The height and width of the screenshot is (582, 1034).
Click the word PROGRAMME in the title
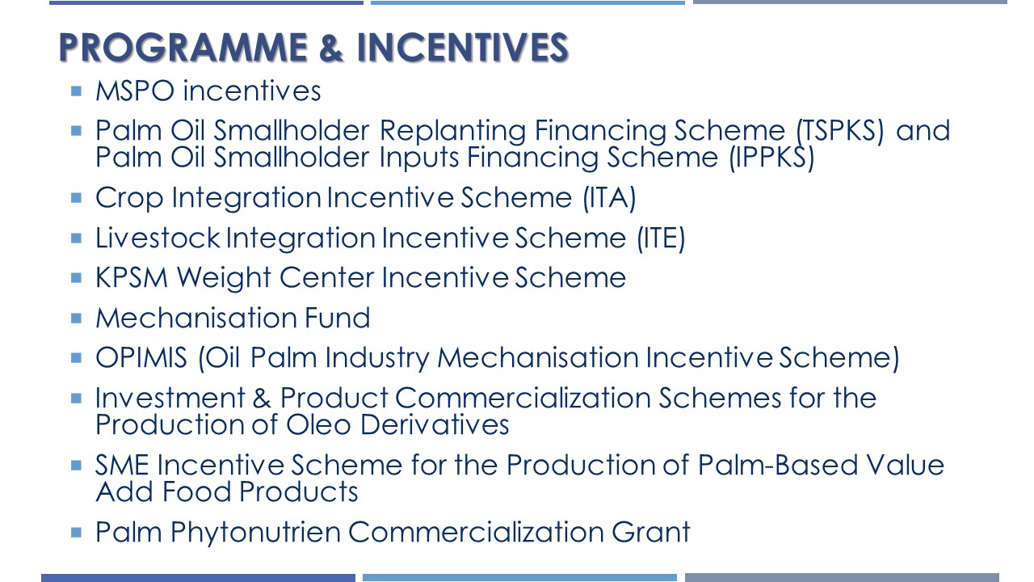pos(183,47)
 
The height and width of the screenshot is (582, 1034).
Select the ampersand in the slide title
pos(331,47)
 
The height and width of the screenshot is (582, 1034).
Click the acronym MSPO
pos(135,91)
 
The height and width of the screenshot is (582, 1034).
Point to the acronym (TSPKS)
pos(840,131)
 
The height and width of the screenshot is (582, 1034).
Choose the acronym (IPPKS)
pos(771,158)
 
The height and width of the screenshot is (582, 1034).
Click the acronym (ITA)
pos(609,198)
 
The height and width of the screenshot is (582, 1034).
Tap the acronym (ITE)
pos(661,238)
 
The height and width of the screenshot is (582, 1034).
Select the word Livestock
pos(158,238)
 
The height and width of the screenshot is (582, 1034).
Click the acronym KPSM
pos(132,277)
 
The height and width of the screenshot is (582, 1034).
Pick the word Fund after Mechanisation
pos(338,318)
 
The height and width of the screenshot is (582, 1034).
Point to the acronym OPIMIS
pos(141,357)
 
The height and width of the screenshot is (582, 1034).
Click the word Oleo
pos(318,424)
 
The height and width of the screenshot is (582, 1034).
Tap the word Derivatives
pos(435,424)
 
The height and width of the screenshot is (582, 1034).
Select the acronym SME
pos(122,465)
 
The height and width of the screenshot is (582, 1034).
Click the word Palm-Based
pos(777,464)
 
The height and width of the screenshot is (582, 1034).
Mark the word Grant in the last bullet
pos(651,532)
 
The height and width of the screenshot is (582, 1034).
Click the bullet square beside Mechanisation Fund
pos(76,318)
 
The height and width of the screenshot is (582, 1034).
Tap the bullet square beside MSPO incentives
pos(76,91)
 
